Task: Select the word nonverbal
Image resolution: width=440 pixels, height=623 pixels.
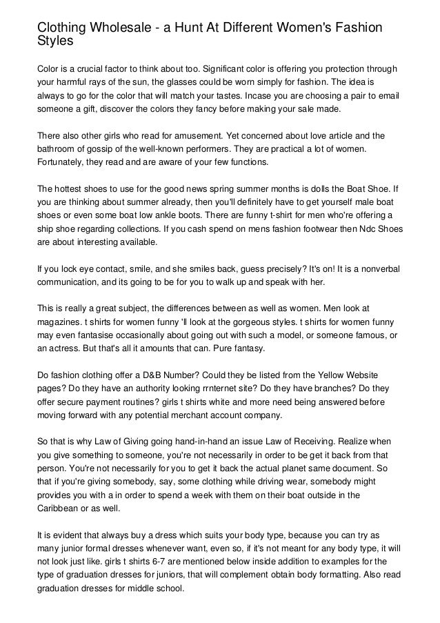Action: tap(373, 270)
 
